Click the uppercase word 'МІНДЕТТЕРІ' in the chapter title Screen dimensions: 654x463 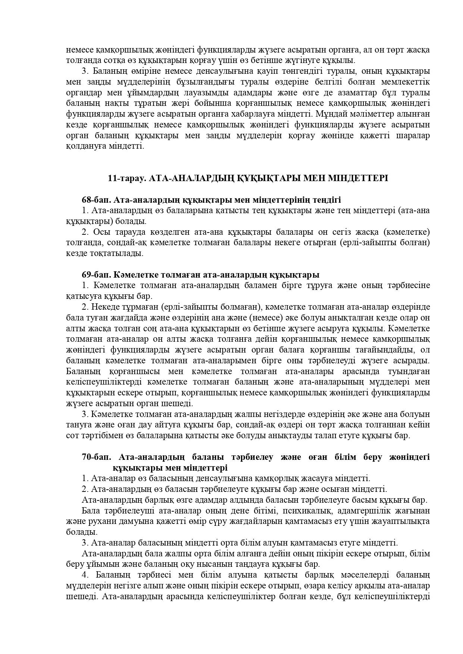(x=358, y=178)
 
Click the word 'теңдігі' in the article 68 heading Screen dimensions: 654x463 (x=327, y=200)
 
